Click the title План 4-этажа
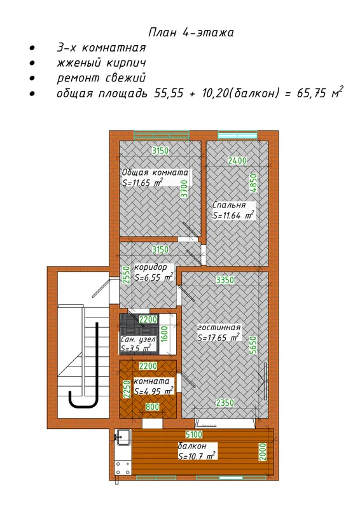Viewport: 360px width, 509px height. [x=191, y=32]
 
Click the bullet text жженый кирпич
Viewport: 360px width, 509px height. [x=101, y=62]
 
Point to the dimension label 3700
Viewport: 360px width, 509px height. [x=184, y=188]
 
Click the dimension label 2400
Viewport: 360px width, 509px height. [x=237, y=160]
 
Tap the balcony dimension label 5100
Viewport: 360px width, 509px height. [x=194, y=434]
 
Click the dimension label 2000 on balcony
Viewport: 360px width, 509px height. [x=263, y=452]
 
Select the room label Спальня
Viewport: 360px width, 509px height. [x=229, y=205]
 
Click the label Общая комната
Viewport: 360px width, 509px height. [x=155, y=172]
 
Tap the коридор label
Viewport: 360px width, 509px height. [x=151, y=267]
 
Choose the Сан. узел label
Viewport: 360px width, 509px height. [x=138, y=340]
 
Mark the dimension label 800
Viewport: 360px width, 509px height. [x=152, y=407]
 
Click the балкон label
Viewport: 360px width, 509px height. [x=192, y=446]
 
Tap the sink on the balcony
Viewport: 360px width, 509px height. [x=123, y=437]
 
